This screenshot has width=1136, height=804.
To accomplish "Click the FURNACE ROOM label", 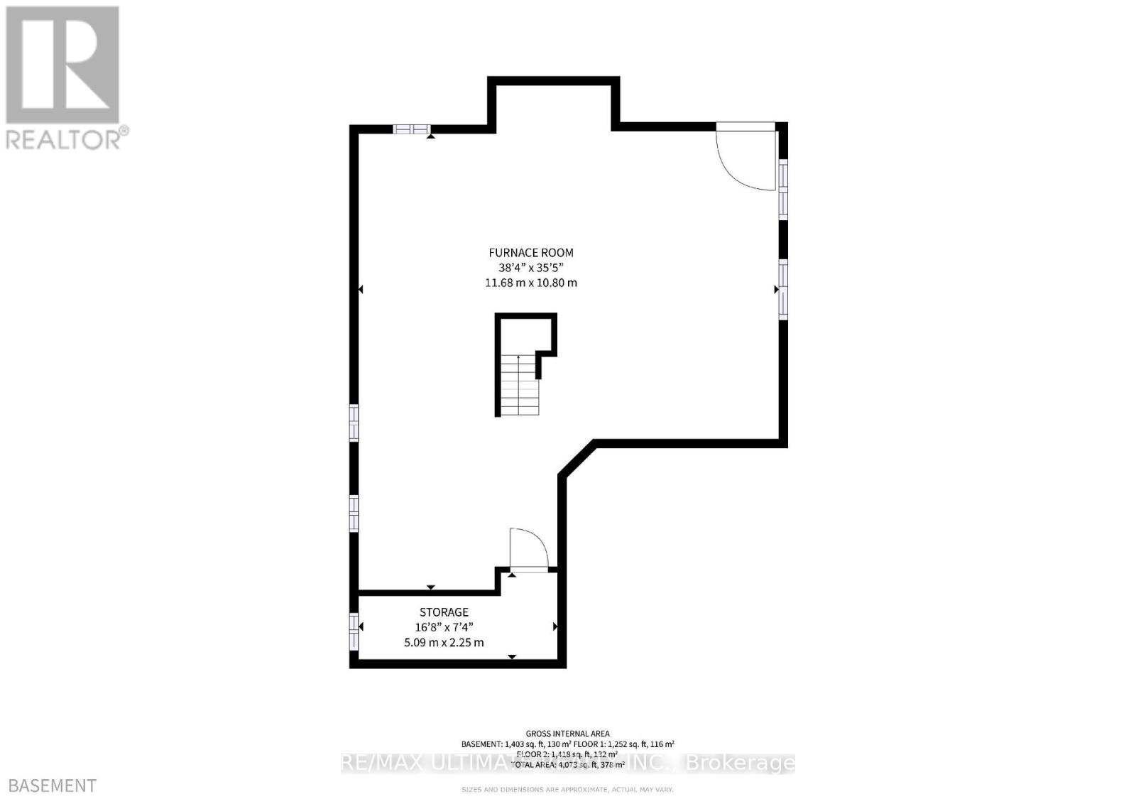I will coord(530,252).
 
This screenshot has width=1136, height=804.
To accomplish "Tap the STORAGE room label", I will coord(444,612).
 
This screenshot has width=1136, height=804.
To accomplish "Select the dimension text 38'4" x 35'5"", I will coord(530,268).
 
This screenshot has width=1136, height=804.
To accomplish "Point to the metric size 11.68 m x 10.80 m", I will coord(530,283).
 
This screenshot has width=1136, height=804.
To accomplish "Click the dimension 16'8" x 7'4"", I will coord(444,627).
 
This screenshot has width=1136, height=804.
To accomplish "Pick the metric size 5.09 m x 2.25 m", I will coord(444,643).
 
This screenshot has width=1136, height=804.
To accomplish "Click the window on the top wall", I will coord(412,129).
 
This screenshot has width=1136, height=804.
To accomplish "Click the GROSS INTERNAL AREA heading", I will coord(567,734).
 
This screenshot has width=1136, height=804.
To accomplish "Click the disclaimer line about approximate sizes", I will coord(567,789).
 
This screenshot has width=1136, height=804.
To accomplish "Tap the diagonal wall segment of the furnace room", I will coord(577,458).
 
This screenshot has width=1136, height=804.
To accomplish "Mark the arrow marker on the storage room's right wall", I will coord(555,626).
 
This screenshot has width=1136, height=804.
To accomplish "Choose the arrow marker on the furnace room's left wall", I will coord(361,290).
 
